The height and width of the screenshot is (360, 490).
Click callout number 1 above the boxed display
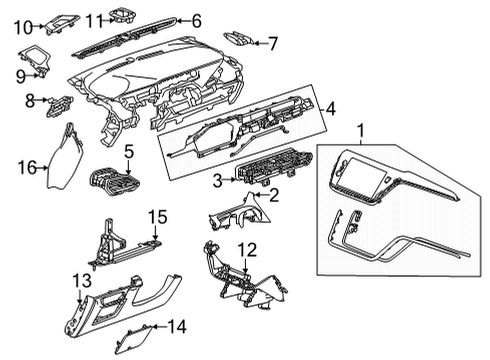(363, 129)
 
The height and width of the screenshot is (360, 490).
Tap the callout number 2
(273, 196)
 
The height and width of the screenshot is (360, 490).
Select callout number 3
(218, 180)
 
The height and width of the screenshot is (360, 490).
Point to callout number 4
(331, 108)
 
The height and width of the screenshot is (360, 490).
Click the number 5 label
(130, 151)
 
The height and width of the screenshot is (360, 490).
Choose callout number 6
(196, 20)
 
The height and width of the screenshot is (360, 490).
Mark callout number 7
(273, 42)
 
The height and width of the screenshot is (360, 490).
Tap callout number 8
(31, 100)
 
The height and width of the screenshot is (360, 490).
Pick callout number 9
(21, 75)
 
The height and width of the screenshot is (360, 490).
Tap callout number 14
(177, 325)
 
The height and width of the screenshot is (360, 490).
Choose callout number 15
(157, 217)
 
